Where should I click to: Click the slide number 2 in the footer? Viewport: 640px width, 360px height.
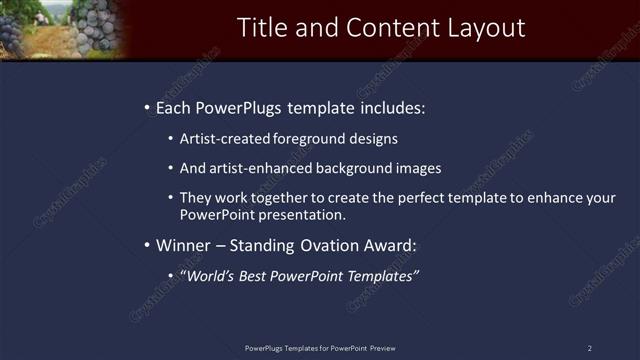point(589,348)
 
